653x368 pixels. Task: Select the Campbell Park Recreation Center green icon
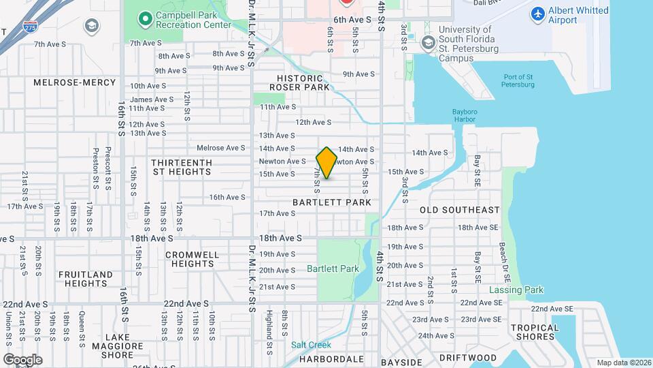(144, 18)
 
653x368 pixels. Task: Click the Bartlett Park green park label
(333, 269)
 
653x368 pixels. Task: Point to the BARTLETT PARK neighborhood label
(332, 202)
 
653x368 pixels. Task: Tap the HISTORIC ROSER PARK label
(299, 82)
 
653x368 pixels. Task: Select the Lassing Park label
(516, 290)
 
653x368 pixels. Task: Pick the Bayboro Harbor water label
(464, 115)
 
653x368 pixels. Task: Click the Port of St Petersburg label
(518, 80)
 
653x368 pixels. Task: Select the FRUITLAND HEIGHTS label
(86, 279)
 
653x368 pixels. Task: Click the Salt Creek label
(311, 345)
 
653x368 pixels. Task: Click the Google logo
(22, 359)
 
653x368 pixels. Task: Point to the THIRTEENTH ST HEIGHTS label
(182, 167)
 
